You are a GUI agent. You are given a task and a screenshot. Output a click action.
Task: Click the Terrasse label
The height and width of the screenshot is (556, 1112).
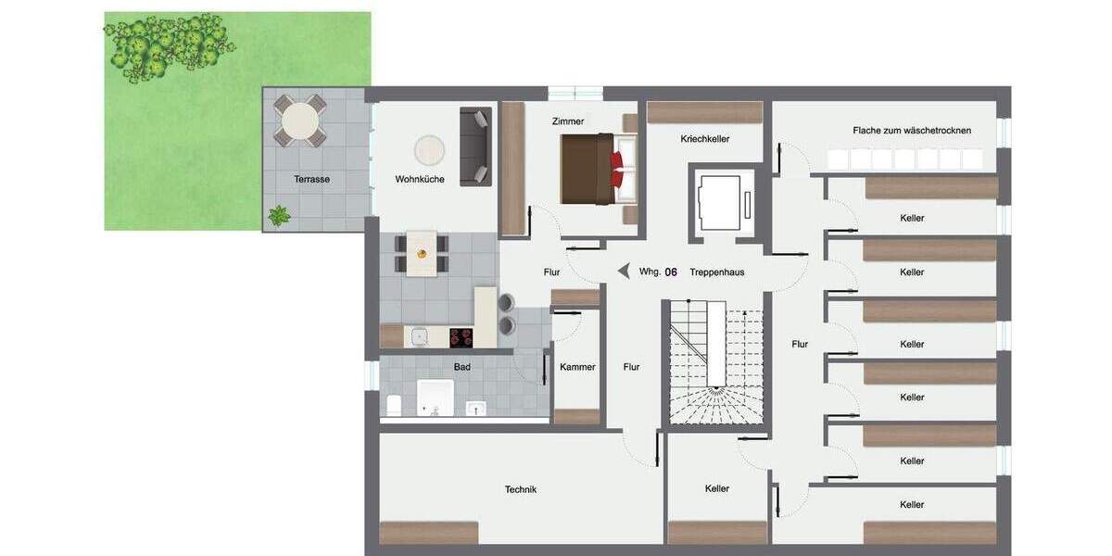pos(312,179)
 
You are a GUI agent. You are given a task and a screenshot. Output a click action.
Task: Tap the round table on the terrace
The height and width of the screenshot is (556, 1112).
pos(299,120)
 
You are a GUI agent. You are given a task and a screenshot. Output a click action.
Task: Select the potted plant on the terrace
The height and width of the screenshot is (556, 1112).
pos(278,216)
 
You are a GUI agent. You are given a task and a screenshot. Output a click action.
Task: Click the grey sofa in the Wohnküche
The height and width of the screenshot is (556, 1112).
pos(475,146)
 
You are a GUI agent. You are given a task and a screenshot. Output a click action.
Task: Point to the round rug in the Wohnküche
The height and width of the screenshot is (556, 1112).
pos(429,149)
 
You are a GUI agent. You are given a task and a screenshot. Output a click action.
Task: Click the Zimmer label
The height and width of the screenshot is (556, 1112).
pos(566,121)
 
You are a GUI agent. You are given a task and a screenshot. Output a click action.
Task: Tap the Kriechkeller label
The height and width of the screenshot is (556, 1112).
pos(704,139)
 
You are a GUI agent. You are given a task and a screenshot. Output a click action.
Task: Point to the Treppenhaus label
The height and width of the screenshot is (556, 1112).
pos(716,272)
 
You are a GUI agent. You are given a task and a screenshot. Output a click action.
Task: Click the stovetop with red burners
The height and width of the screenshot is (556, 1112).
pos(461,336)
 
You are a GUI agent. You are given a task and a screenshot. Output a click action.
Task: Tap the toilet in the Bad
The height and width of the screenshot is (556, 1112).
pos(392,405)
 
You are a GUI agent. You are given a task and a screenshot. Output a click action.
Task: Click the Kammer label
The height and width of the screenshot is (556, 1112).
pos(577,367)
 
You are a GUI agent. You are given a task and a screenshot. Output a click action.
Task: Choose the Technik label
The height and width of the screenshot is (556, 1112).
pos(520,489)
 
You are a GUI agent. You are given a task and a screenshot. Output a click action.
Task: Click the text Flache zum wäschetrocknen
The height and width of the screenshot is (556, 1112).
pos(912,131)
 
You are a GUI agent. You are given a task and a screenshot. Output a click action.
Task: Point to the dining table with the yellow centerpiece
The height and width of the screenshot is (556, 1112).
pos(422,253)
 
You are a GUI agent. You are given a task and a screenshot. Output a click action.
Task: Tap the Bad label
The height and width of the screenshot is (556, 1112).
pos(461,367)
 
